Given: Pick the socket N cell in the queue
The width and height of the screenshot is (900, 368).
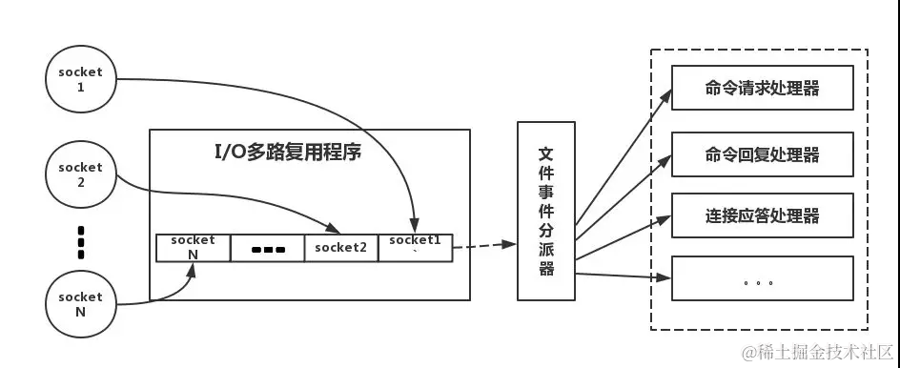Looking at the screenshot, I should click(193, 247).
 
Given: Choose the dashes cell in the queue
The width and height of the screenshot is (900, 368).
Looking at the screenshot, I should click(268, 249).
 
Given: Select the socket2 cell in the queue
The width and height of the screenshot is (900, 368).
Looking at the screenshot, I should click(341, 247).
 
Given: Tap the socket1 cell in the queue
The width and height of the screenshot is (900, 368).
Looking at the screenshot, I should click(414, 245).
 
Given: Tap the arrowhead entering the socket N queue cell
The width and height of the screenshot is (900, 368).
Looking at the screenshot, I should click(193, 267).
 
